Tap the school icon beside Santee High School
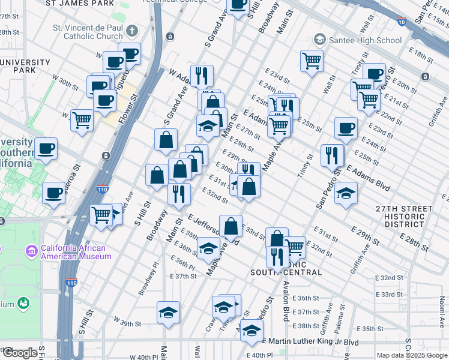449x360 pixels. point(320,40)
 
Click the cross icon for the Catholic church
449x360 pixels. point(132,29)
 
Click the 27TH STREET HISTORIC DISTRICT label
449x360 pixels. point(403,216)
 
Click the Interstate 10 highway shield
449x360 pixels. point(401,22)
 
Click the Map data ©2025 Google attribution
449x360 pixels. point(411,355)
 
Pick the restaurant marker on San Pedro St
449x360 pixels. point(332,155)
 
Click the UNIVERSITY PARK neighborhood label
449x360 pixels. point(25,67)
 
